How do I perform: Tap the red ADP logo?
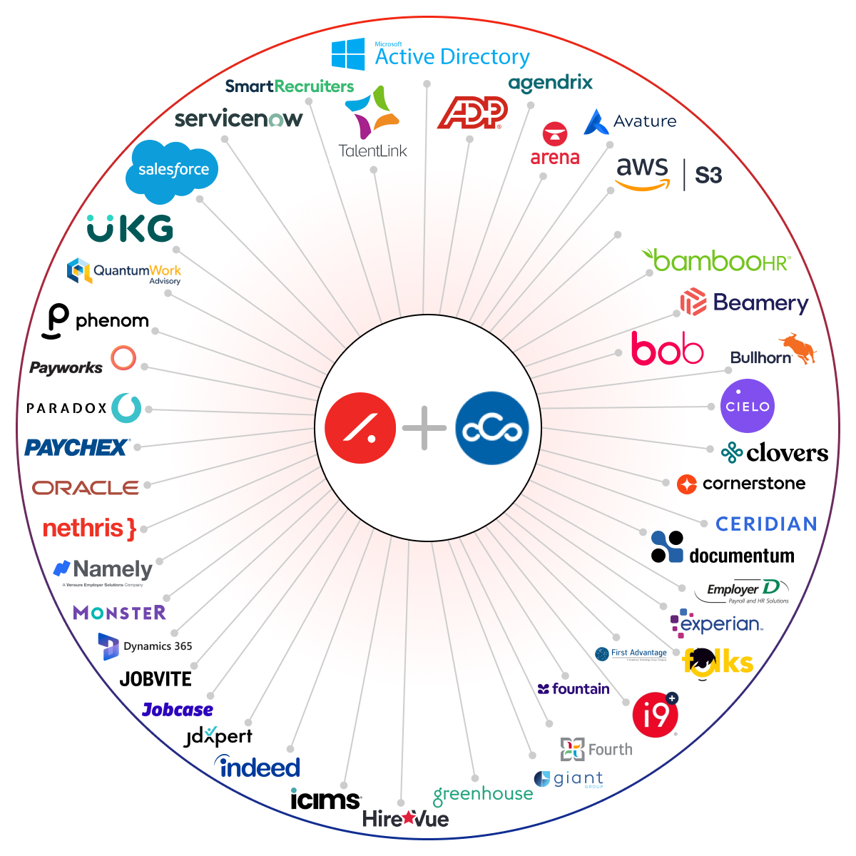point(472,113)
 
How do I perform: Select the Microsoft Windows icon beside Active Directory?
point(348,55)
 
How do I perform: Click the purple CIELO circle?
point(747,406)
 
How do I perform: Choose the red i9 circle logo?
point(655,714)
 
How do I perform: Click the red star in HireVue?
point(407,817)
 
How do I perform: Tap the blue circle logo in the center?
point(491,428)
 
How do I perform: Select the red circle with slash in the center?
point(360,428)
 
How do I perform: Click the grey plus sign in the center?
point(424,428)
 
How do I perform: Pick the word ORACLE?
point(86,488)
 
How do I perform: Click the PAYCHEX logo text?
point(76,448)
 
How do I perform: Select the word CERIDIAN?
point(766,524)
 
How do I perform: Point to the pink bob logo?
point(667,349)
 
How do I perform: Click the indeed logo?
point(258,767)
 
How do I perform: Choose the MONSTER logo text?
point(119,613)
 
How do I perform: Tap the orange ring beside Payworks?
point(123,357)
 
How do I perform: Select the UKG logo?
point(130,229)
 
